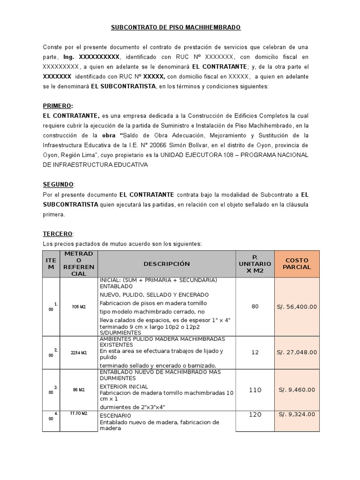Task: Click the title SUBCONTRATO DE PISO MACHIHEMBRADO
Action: click(175, 28)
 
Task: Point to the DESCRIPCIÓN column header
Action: click(166, 264)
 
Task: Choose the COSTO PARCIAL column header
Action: click(298, 264)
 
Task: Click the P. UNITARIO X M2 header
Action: click(255, 264)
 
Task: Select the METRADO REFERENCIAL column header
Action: click(79, 264)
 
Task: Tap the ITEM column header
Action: click(51, 264)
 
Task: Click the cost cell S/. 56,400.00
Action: click(298, 307)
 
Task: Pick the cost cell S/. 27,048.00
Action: click(298, 352)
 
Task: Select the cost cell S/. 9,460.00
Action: click(298, 390)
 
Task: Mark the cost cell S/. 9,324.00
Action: click(298, 414)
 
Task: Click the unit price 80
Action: click(255, 307)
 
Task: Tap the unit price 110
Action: click(255, 390)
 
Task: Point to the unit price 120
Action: click(255, 414)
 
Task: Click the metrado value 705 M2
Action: click(79, 307)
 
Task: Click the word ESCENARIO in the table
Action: click(115, 415)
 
